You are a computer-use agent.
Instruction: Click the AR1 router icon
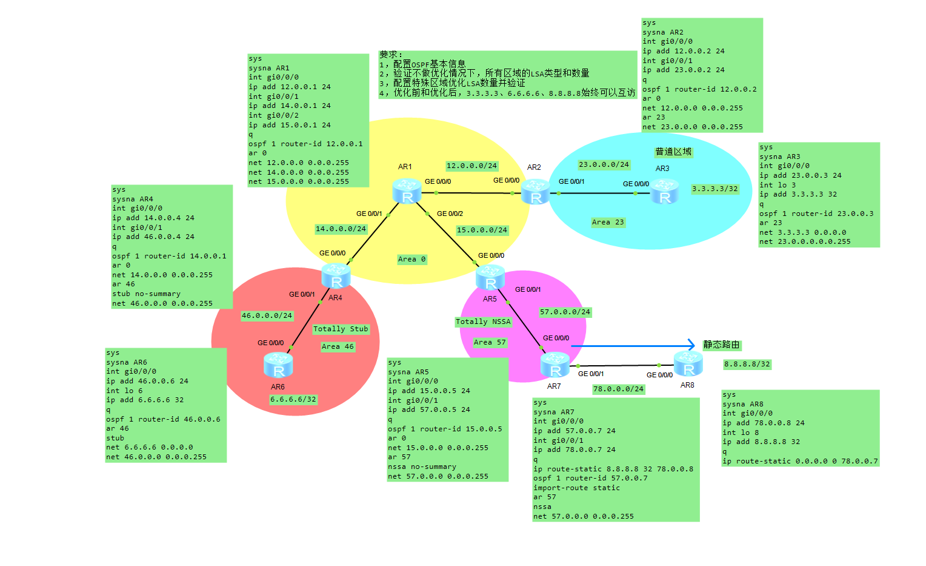pos(407,191)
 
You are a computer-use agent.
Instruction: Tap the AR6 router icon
pos(278,365)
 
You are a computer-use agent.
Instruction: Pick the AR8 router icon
pos(688,364)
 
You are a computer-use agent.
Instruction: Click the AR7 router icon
pos(555,365)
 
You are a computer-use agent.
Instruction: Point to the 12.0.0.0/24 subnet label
pos(471,166)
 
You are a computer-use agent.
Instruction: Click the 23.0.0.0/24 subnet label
pos(604,164)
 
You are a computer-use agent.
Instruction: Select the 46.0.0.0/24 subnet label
pos(267,315)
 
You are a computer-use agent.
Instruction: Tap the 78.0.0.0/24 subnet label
pos(618,389)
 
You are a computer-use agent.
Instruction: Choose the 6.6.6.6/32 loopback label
pos(293,399)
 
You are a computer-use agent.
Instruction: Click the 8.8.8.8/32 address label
pos(747,365)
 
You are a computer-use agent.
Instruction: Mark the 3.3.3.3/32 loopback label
pos(715,189)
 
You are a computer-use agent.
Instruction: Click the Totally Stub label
pos(341,329)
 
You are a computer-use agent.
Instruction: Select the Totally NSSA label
pos(483,322)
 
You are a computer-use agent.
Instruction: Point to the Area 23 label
pos(608,222)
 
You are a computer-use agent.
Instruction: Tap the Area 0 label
pos(411,259)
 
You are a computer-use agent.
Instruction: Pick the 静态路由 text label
pos(721,345)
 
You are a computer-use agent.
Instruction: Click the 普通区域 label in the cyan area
pos(673,152)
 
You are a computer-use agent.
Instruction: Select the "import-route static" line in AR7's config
pos(576,488)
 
